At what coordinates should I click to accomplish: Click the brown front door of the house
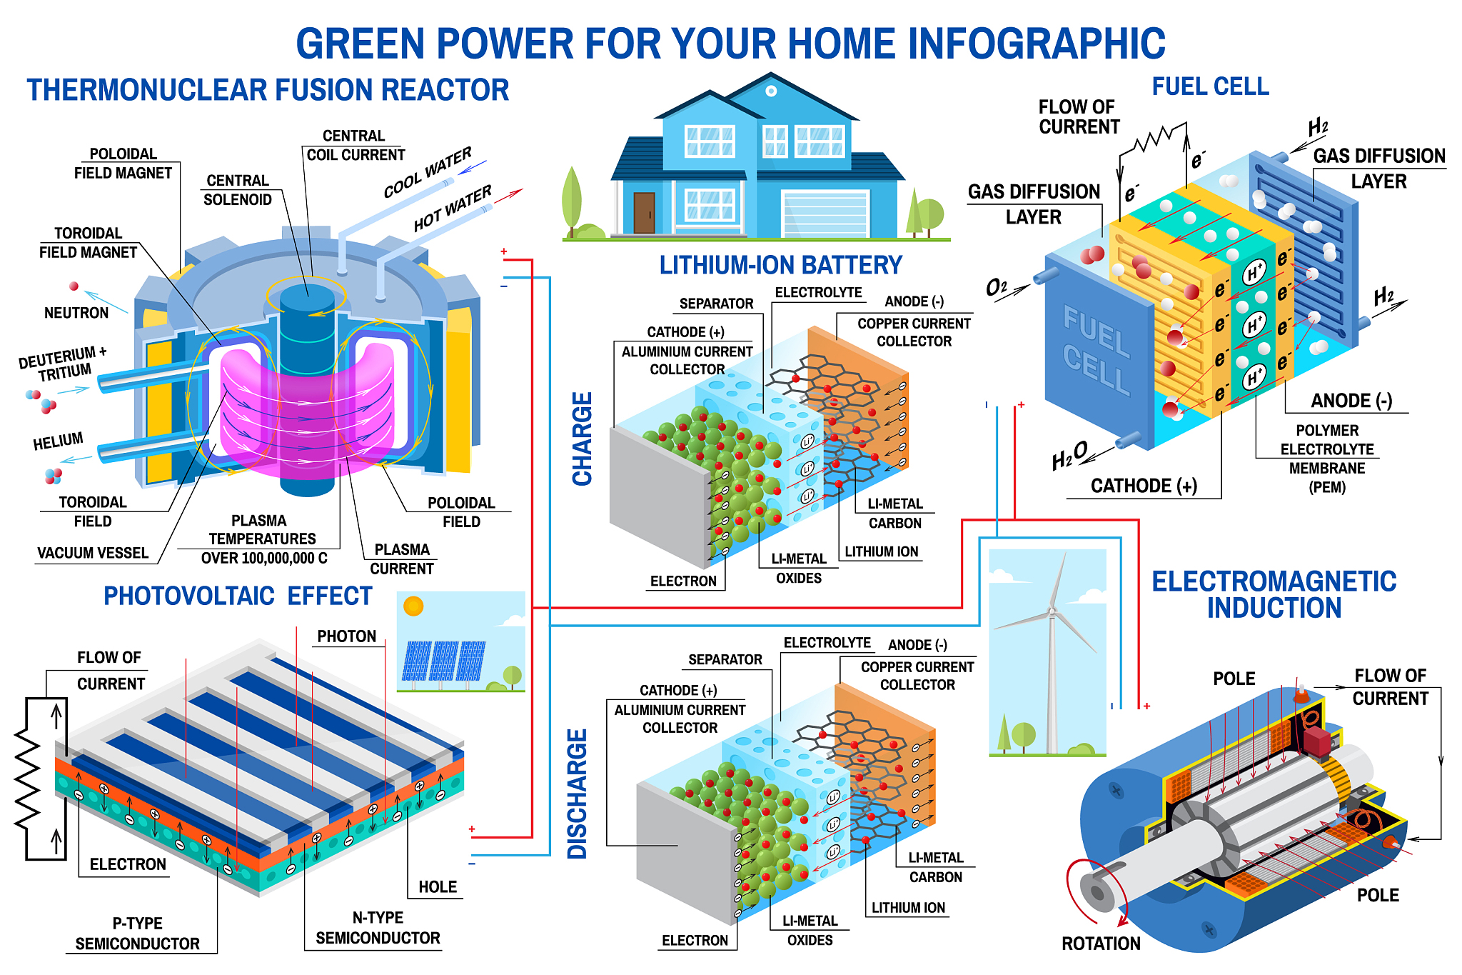644,212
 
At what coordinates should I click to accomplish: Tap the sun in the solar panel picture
413,606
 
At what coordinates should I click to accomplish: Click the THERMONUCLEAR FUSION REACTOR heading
268,91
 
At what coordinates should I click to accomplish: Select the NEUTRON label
76,313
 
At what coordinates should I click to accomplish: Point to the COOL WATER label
427,172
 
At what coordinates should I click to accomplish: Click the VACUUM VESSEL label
93,553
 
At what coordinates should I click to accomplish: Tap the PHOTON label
346,636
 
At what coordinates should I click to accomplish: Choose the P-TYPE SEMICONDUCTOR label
138,934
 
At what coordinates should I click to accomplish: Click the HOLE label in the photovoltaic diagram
437,887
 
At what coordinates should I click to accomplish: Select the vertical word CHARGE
583,439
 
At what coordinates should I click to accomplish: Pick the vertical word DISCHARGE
577,794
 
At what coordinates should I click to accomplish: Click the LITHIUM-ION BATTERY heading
780,266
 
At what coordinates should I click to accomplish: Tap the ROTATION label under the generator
1101,944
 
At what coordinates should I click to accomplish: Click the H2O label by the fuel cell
1069,456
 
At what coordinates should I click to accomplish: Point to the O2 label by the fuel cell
997,288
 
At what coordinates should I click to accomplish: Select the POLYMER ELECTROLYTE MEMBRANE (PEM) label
1327,459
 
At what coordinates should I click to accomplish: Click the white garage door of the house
825,213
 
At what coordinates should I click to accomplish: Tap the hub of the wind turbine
1051,611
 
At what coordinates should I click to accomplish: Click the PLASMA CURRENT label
402,559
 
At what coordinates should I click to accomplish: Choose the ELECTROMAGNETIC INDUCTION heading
1274,594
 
